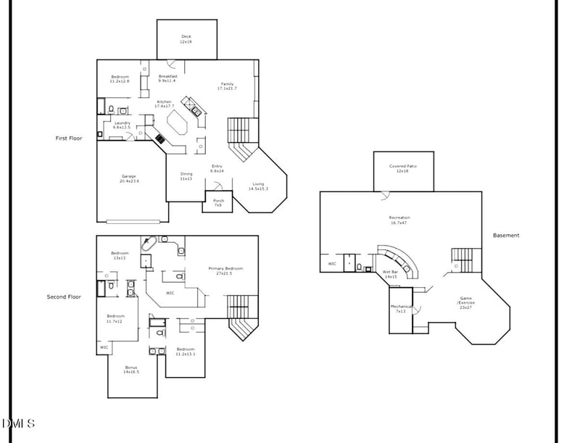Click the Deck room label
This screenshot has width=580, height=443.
tap(186, 39)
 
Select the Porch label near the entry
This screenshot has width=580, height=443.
tap(217, 203)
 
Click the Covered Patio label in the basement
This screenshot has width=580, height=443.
tap(403, 168)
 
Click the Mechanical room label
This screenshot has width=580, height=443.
tap(401, 308)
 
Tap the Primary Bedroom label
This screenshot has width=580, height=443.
tap(225, 270)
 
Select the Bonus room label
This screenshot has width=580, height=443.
tap(131, 369)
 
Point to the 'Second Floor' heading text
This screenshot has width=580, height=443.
tap(64, 297)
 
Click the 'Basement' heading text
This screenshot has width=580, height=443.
tap(506, 235)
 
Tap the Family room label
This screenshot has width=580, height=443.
tap(228, 86)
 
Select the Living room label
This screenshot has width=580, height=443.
tap(258, 186)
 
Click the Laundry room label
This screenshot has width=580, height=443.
tap(121, 125)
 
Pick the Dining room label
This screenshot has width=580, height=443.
tap(186, 175)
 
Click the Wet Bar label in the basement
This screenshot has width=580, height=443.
tap(390, 274)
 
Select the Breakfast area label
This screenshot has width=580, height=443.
tap(168, 78)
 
